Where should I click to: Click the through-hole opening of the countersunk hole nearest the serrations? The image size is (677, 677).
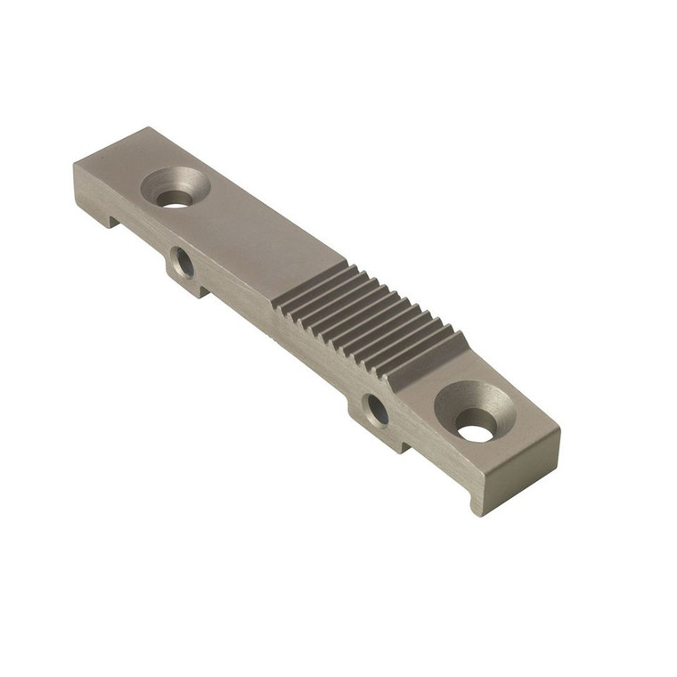coord(476,432)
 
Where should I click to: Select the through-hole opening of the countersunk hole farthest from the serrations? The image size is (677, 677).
coord(176,199)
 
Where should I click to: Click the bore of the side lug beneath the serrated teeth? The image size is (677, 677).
coord(377,411)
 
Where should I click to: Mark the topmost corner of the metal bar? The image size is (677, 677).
coord(143,128)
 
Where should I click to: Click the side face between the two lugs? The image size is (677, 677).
coord(276,334)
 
